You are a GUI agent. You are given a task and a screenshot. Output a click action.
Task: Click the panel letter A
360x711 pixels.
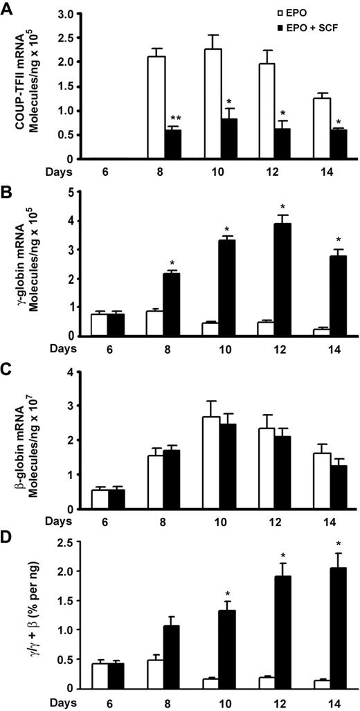point(7,7)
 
